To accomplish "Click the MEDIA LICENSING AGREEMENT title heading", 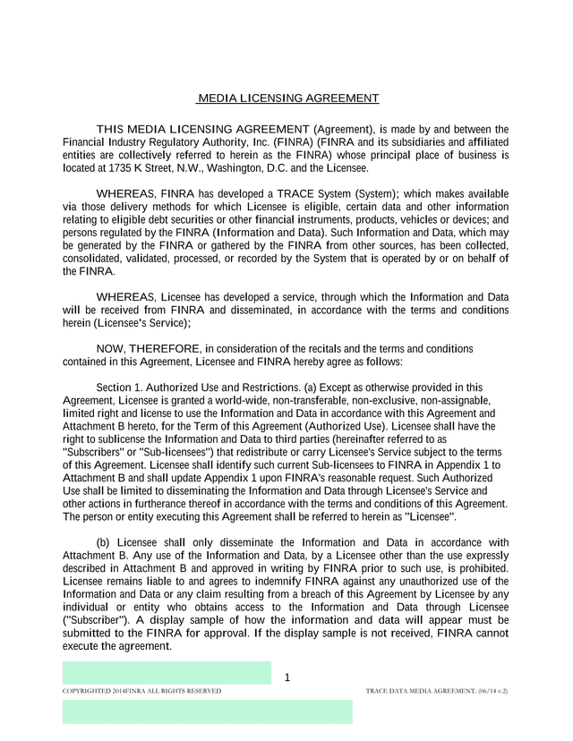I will click(x=287, y=98).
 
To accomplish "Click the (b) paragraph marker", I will click(x=104, y=542).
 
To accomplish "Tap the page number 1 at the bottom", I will click(x=286, y=677).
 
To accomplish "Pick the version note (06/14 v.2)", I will click(x=492, y=692).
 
